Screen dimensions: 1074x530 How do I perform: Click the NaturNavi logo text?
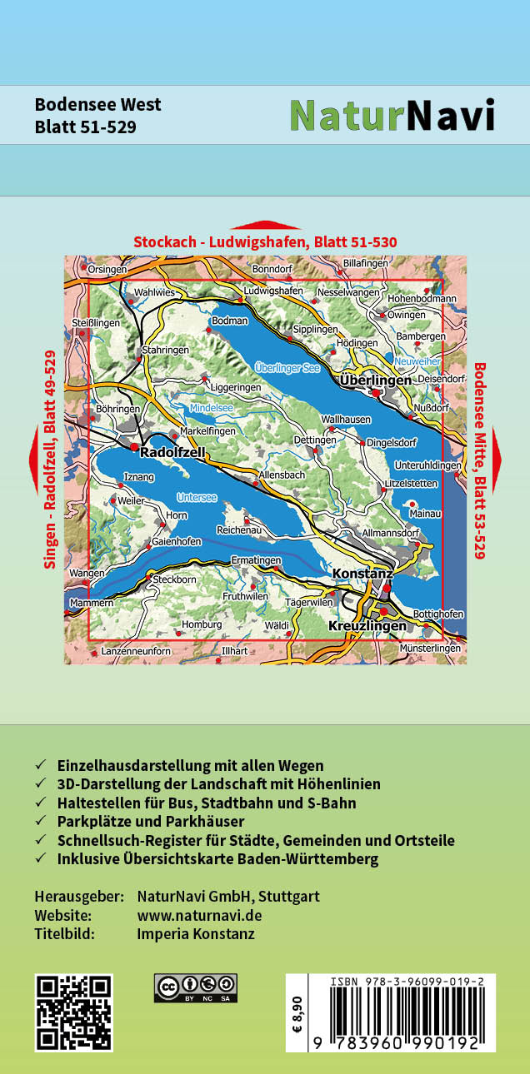tap(392, 116)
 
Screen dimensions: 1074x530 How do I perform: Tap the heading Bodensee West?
tap(97, 105)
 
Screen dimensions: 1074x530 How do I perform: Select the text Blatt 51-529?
tap(85, 127)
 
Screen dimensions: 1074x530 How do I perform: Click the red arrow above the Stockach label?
tap(265, 225)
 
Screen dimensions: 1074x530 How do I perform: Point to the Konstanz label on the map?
tap(362, 574)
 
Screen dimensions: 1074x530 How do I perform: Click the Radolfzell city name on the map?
tap(172, 454)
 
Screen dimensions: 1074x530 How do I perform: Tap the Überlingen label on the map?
tap(376, 380)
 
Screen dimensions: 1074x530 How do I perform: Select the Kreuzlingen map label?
tap(368, 625)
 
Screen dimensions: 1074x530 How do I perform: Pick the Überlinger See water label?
tap(287, 367)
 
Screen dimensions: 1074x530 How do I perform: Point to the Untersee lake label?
tap(197, 498)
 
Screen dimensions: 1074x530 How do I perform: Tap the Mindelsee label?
tap(212, 408)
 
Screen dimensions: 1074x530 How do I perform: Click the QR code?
tap(74, 1012)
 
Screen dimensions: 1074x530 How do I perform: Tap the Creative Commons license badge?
tap(195, 987)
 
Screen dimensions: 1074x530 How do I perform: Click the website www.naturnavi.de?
tap(199, 915)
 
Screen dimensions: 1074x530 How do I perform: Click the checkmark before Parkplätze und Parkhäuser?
tap(40, 823)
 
